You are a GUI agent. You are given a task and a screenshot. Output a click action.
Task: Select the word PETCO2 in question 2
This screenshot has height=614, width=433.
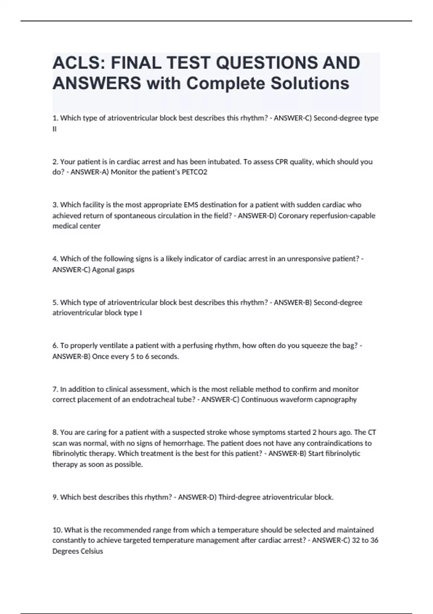tap(194, 172)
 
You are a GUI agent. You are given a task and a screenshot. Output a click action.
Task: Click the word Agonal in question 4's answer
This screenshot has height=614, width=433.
tap(104, 269)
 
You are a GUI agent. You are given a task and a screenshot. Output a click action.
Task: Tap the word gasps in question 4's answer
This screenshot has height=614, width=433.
tap(126, 270)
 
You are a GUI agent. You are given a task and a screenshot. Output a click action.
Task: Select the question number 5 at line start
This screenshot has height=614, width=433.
tap(55, 302)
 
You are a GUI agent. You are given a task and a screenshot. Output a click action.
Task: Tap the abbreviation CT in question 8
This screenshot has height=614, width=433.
tap(372, 432)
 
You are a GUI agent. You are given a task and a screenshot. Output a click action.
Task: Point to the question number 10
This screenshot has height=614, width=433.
tap(57, 530)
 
